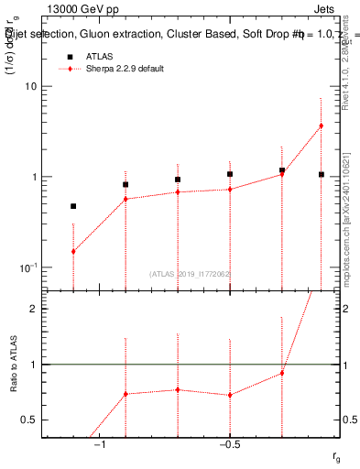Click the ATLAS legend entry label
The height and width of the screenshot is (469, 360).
[99, 57]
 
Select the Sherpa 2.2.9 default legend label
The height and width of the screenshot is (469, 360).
[125, 70]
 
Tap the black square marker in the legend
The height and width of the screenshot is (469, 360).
[68, 57]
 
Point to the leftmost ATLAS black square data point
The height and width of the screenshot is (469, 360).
[73, 206]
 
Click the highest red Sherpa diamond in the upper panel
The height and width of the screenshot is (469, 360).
[321, 125]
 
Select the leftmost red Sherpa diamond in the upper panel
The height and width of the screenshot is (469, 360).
[73, 251]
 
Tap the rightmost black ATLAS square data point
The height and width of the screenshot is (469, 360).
[321, 174]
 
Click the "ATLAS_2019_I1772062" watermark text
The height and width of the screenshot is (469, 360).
[191, 274]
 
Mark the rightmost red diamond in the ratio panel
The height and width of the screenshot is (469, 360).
[282, 373]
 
